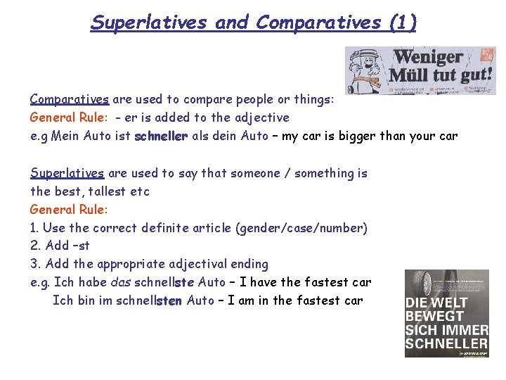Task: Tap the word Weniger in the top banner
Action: coord(428,57)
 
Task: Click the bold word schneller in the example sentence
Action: coord(161,136)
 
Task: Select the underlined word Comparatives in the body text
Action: coord(69,99)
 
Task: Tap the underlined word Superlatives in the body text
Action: coord(67,173)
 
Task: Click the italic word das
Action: coord(122,283)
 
